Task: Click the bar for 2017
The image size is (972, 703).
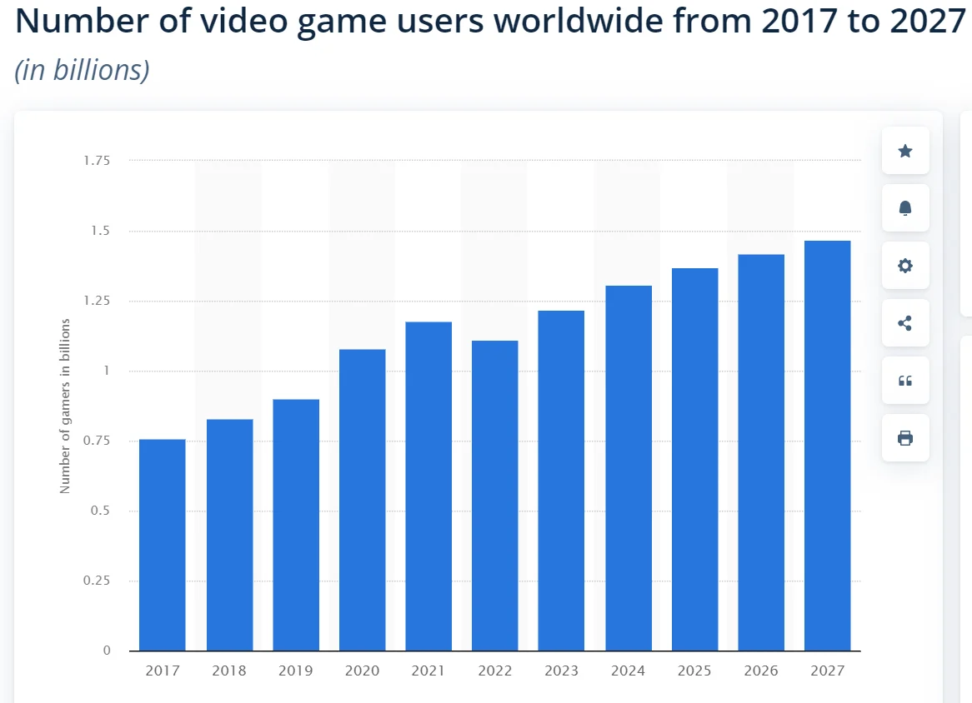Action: coord(162,545)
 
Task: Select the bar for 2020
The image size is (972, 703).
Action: coord(362,500)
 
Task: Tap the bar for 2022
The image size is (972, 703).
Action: coord(494,496)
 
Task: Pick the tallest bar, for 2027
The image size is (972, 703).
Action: coord(827,446)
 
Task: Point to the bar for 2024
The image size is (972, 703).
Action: coord(628,468)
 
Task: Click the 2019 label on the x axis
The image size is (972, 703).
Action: coord(295,671)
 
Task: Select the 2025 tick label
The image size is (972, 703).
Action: coord(694,671)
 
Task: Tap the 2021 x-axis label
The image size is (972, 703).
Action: coord(428,671)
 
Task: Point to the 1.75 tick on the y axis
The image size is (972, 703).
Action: coord(96,161)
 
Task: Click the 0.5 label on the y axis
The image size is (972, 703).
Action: coord(100,511)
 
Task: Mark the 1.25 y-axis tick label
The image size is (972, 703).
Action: coord(96,301)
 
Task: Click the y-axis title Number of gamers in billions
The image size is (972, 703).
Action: coord(65,406)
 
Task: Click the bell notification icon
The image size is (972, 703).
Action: coord(905,208)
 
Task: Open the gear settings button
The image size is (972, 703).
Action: coord(905,266)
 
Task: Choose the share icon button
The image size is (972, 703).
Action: coord(905,323)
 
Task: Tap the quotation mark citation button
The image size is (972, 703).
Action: coord(905,381)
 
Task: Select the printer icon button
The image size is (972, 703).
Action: coord(905,438)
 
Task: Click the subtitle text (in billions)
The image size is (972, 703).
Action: coord(82,70)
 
